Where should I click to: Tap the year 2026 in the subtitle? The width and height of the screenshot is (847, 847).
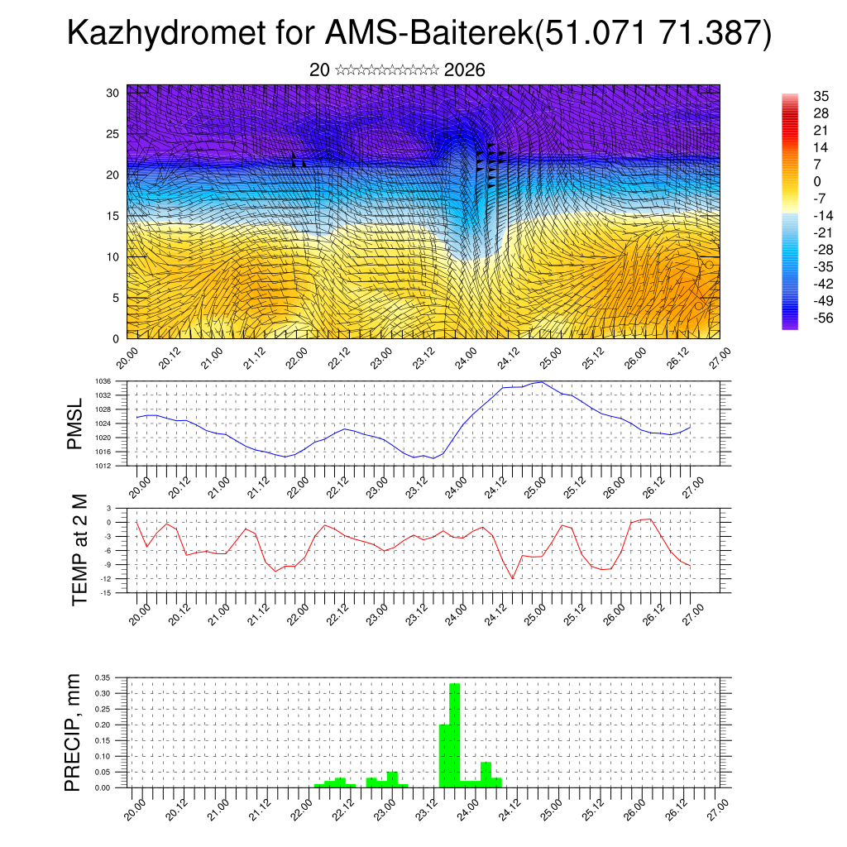pos(464,70)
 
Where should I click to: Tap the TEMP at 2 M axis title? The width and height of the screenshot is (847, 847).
pos(79,548)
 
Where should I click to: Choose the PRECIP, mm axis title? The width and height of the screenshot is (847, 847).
pos(74,731)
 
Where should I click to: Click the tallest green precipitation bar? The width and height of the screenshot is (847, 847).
pos(454,735)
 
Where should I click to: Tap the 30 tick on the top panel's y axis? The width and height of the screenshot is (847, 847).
pos(113,93)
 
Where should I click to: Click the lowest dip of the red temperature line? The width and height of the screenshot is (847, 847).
pos(513,578)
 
